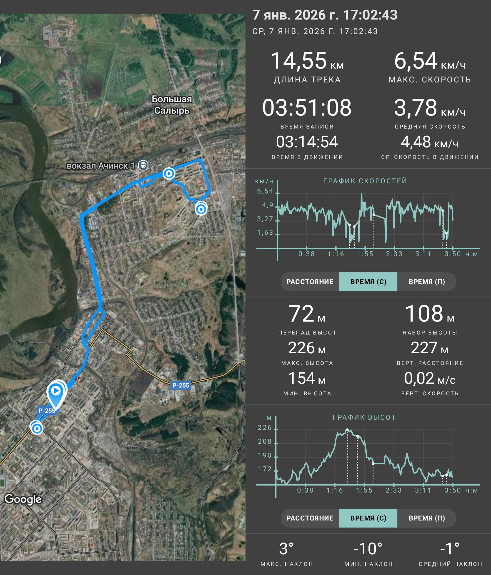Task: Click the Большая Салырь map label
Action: pos(172,105)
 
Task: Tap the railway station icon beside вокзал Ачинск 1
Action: pos(143,165)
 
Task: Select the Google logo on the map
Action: pos(23,499)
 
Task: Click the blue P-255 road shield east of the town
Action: pos(180,385)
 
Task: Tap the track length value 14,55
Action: pos(298,61)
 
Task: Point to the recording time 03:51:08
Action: pos(307,108)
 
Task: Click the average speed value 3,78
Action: pos(416,108)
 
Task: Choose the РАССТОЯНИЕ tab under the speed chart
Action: pos(310,282)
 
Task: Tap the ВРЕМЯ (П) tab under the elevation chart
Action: pos(427,518)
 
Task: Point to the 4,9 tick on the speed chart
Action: pos(268,205)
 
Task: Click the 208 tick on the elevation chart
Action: pos(265,441)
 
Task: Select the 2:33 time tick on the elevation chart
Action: pos(393,490)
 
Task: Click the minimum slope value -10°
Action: pos(368,549)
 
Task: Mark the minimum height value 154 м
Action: pos(307,378)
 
